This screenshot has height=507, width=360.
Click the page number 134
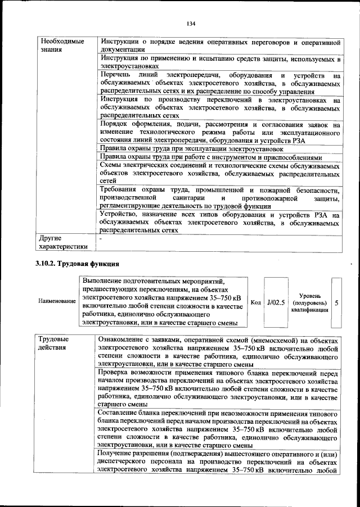191,24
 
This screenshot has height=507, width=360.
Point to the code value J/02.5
276,302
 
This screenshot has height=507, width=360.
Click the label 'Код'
255,302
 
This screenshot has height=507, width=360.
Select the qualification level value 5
336,302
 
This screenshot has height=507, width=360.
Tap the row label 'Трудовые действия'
54,344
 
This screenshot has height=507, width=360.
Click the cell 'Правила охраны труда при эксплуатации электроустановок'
191,150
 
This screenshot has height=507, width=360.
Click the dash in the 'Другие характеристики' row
100,238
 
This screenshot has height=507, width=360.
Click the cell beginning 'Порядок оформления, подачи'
219,133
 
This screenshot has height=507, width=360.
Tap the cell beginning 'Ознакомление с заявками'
219,352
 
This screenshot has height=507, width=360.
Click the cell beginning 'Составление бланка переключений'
219,429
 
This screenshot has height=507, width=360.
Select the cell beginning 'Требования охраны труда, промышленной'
219,199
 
